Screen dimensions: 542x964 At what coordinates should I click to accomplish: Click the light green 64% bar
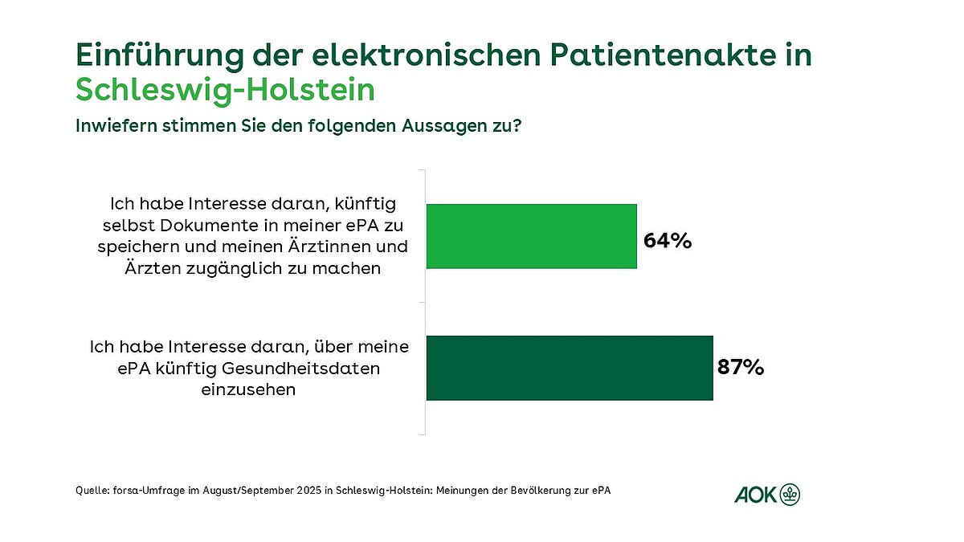(x=531, y=236)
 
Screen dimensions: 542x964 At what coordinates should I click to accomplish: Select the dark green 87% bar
(x=569, y=368)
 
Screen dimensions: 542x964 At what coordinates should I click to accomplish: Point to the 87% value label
(x=741, y=368)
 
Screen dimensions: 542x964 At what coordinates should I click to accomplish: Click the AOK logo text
(x=755, y=495)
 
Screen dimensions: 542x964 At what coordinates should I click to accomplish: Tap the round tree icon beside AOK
(x=790, y=495)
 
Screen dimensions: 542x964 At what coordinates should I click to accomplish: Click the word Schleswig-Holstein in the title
(x=225, y=90)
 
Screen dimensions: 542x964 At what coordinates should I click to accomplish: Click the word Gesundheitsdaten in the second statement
(x=313, y=369)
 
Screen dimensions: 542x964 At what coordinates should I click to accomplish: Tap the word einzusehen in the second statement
(x=248, y=390)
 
